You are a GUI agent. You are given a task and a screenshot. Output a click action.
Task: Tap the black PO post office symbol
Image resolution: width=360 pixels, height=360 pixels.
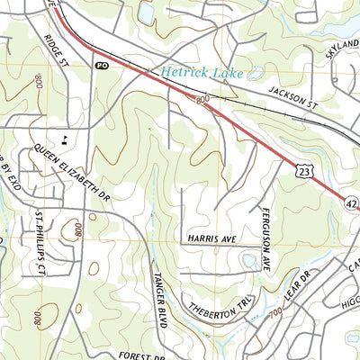101,65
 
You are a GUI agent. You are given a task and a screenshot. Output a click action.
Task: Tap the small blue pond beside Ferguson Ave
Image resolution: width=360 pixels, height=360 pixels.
250,261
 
